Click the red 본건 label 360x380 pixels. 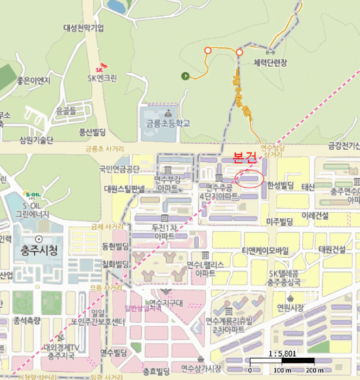click(x=244, y=158)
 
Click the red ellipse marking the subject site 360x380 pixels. click(x=250, y=178)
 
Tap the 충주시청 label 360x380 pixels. click(x=39, y=251)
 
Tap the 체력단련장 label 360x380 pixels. click(x=270, y=63)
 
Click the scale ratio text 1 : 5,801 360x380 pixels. click(x=282, y=353)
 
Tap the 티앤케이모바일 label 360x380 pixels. click(x=266, y=250)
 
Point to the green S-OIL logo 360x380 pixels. click(x=32, y=194)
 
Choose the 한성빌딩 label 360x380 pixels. click(x=280, y=186)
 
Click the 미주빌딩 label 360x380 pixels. click(x=280, y=221)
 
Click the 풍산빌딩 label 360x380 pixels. click(x=92, y=131)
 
